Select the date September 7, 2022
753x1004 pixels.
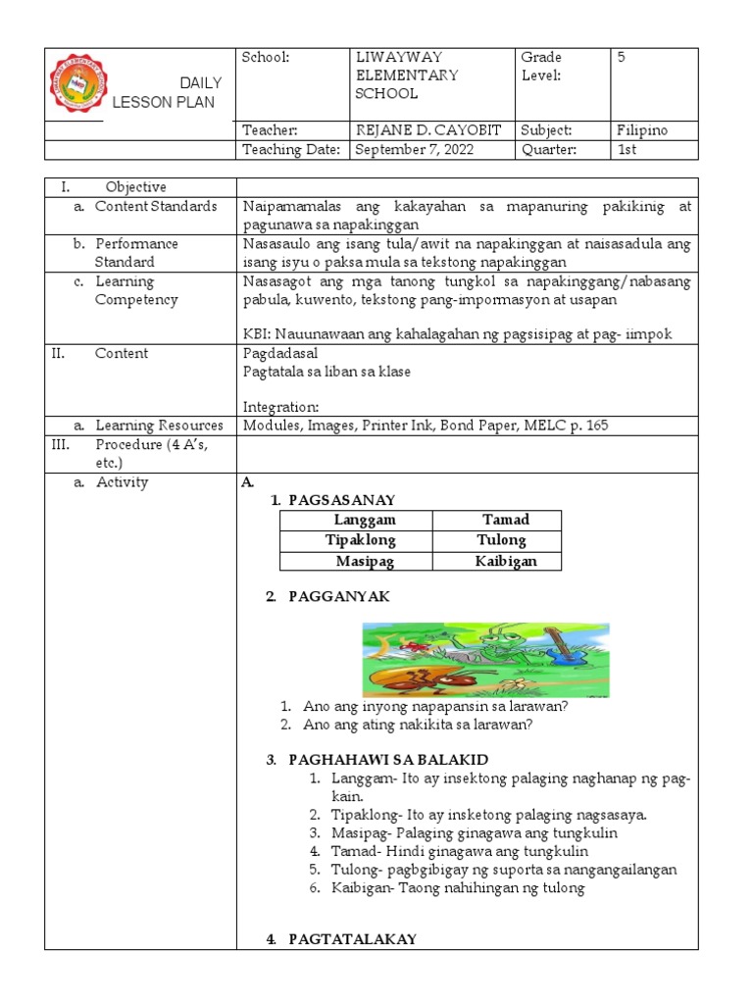(409, 149)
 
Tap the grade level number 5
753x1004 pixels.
(621, 58)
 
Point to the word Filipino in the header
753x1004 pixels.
(642, 129)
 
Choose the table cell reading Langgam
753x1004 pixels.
(356, 521)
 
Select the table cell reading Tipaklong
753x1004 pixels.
(356, 540)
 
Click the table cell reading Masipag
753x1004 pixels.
(356, 561)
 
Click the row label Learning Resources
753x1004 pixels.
(159, 426)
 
